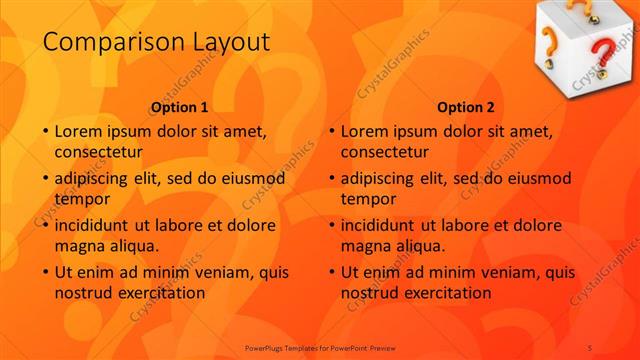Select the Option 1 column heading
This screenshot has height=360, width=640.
(x=180, y=107)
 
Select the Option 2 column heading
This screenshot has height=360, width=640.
(x=466, y=107)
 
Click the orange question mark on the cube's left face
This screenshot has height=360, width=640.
(x=550, y=43)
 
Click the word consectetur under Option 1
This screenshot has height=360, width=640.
(x=99, y=153)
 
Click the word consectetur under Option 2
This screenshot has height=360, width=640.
(x=385, y=153)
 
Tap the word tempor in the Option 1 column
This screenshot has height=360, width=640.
(x=82, y=199)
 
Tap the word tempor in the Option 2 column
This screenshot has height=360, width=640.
(x=368, y=199)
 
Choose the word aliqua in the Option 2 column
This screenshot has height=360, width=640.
(x=435, y=245)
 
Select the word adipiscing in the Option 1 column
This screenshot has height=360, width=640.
(x=98, y=179)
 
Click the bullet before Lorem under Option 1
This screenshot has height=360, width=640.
(x=45, y=131)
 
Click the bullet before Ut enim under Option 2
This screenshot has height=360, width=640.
(x=331, y=272)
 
